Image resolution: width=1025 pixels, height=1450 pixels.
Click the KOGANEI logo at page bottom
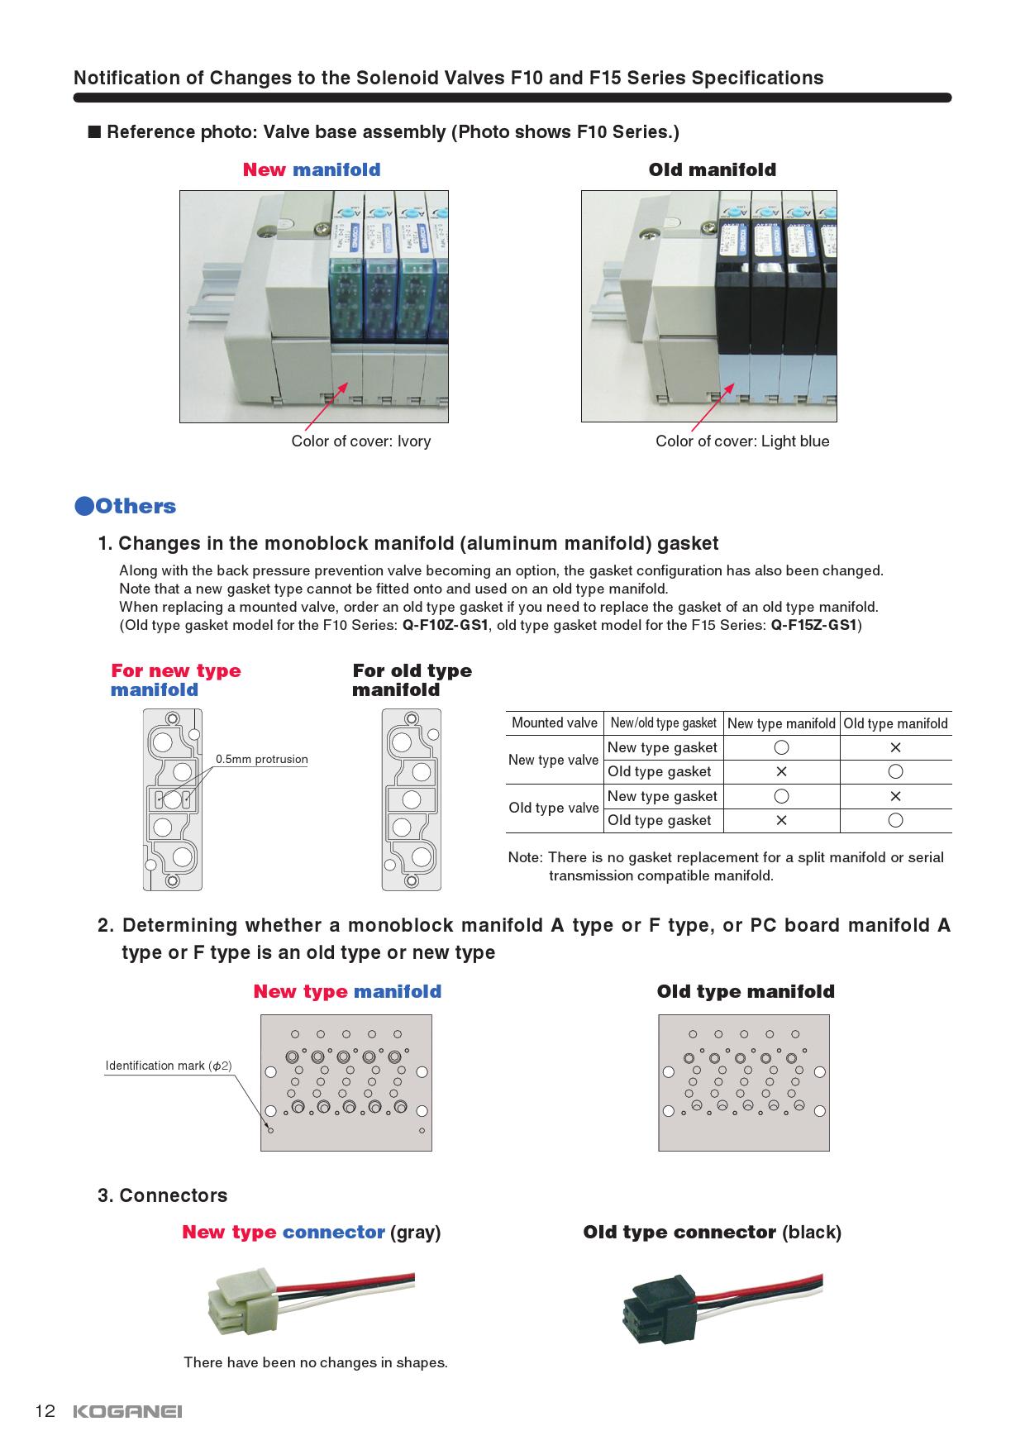pyautogui.click(x=127, y=1411)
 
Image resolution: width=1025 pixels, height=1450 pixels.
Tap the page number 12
pyautogui.click(x=45, y=1410)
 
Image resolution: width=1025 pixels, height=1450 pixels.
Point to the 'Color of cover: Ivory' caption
pyautogui.click(x=360, y=441)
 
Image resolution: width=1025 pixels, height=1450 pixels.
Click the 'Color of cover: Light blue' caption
pyautogui.click(x=741, y=441)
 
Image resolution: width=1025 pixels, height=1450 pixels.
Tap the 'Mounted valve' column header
pyautogui.click(x=554, y=723)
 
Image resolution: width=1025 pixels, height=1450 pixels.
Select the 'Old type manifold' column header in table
pyautogui.click(x=895, y=723)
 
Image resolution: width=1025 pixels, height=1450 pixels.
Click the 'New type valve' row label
pyautogui.click(x=553, y=760)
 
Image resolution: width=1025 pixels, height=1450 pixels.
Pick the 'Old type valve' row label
pyautogui.click(x=553, y=808)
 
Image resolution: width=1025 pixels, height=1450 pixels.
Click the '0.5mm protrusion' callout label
pyautogui.click(x=261, y=759)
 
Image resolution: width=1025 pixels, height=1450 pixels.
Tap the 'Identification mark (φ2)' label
pyautogui.click(x=168, y=1066)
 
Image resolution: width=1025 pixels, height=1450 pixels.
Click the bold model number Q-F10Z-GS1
pyautogui.click(x=445, y=625)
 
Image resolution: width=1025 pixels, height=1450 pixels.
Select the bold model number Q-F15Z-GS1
pyautogui.click(x=813, y=625)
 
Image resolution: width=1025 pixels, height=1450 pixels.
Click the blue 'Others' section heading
pyautogui.click(x=126, y=506)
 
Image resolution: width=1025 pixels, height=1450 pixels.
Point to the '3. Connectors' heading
pyautogui.click(x=162, y=1195)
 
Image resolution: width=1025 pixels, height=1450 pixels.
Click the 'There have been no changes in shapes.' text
pyautogui.click(x=315, y=1362)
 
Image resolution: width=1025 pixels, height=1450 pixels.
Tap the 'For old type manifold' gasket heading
pyautogui.click(x=412, y=680)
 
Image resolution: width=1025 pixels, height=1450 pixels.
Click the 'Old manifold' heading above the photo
pyautogui.click(x=712, y=169)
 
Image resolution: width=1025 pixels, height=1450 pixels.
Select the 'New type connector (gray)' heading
pyautogui.click(x=311, y=1232)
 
